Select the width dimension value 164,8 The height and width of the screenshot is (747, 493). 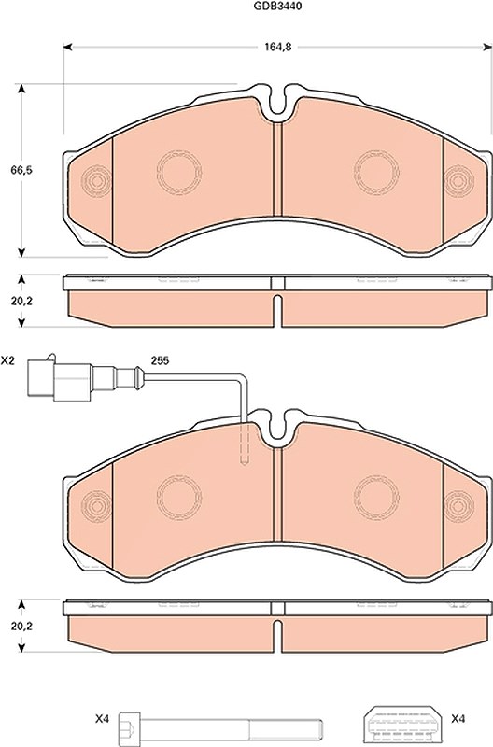277,47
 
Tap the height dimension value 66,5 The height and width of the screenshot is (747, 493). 21,170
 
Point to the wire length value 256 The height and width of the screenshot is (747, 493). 160,360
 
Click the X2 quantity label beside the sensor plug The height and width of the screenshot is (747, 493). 7,360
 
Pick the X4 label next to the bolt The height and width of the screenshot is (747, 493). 103,719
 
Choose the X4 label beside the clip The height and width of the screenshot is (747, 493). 458,719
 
